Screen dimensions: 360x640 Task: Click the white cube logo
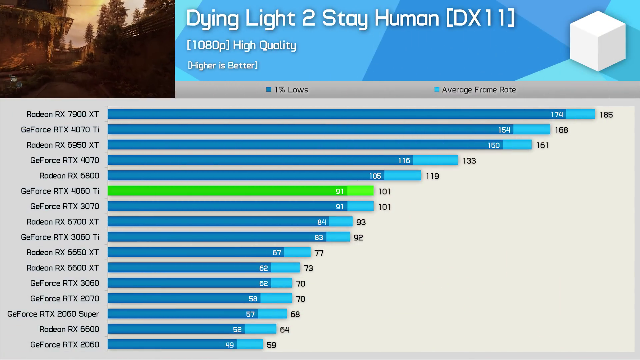tap(598, 41)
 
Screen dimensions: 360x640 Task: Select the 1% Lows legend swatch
tap(269, 89)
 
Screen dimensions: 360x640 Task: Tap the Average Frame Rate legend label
tap(479, 90)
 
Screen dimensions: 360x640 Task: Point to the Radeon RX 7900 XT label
tap(63, 114)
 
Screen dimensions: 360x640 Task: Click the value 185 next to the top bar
tap(606, 115)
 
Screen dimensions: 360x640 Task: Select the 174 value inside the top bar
tap(557, 115)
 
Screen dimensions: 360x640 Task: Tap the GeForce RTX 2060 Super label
tap(53, 314)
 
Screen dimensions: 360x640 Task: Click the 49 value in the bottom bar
tap(229, 345)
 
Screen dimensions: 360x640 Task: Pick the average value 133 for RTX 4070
tap(469, 161)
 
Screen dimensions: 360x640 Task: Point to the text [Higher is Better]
tap(223, 65)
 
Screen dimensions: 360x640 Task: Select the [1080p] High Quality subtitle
tap(241, 45)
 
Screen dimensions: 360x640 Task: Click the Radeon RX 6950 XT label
tap(63, 145)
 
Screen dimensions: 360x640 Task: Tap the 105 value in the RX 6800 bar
tap(375, 176)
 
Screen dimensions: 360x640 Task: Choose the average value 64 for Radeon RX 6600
tap(285, 330)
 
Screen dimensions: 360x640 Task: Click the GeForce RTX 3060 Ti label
tap(60, 237)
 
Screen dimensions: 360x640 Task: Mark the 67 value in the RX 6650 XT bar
tap(277, 253)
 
